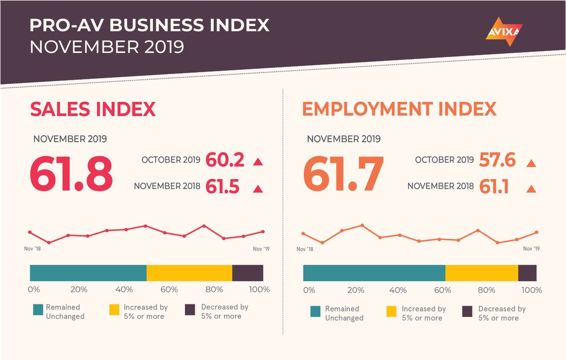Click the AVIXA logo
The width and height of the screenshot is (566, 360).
504,32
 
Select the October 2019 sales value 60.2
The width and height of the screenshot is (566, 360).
225,160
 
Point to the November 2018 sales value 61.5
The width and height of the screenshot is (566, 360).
223,187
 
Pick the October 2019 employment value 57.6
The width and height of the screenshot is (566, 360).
497,160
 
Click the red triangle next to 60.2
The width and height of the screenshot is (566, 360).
258,162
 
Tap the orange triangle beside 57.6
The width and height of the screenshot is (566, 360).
531,163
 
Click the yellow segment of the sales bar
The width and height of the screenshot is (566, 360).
189,273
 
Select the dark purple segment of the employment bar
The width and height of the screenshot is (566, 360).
527,273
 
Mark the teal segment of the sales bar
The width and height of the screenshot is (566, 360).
88,273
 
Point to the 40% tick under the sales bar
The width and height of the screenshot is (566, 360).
124,289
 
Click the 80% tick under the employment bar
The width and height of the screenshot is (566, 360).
487,290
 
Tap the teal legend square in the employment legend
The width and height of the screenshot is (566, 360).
316,311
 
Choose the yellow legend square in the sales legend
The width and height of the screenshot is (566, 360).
115,310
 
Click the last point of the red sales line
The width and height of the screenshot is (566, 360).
263,232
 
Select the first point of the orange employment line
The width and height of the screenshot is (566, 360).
303,234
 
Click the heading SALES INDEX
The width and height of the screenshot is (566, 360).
93,109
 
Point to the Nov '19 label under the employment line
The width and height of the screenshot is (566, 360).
531,249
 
